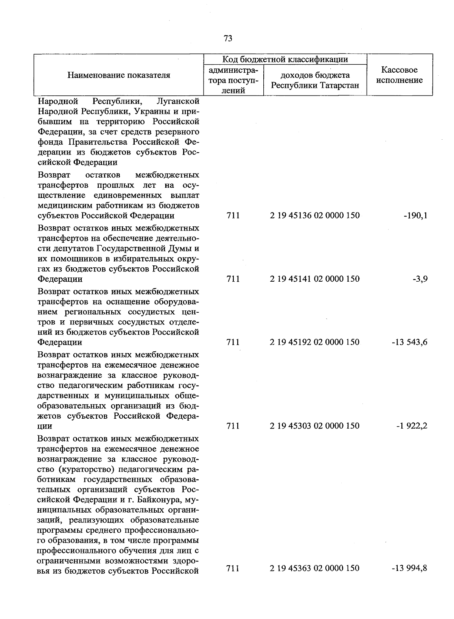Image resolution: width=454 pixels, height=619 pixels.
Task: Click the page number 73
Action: [x=228, y=39]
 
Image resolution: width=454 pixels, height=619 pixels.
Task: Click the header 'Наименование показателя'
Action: [x=119, y=75]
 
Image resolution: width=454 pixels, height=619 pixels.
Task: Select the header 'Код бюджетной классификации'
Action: [x=285, y=59]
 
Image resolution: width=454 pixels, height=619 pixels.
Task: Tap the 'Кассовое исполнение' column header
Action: [x=400, y=75]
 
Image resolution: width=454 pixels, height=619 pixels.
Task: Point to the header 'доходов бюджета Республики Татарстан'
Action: [x=315, y=80]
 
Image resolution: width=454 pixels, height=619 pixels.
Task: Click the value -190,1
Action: [x=415, y=216]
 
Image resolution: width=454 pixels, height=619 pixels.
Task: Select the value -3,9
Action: [x=420, y=279]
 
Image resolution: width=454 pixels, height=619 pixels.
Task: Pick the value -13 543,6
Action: [x=409, y=342]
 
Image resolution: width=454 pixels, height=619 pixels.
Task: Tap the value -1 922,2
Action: [x=412, y=426]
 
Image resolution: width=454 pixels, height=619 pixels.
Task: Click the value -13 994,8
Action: [x=409, y=568]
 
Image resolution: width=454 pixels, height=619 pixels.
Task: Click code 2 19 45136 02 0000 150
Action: [x=315, y=216]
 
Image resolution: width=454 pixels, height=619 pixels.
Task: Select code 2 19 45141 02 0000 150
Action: [x=315, y=279]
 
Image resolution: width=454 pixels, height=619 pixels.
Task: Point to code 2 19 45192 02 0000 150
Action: [x=315, y=342]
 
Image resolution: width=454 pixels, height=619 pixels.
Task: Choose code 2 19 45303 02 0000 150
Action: [x=315, y=426]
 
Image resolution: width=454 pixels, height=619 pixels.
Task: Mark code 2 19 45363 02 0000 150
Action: [x=315, y=568]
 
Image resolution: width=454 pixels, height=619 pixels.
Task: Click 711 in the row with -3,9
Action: [x=233, y=279]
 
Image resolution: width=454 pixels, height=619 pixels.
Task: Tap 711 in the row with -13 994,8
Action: [x=233, y=568]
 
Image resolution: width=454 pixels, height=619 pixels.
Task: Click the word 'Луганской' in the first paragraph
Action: [x=177, y=101]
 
